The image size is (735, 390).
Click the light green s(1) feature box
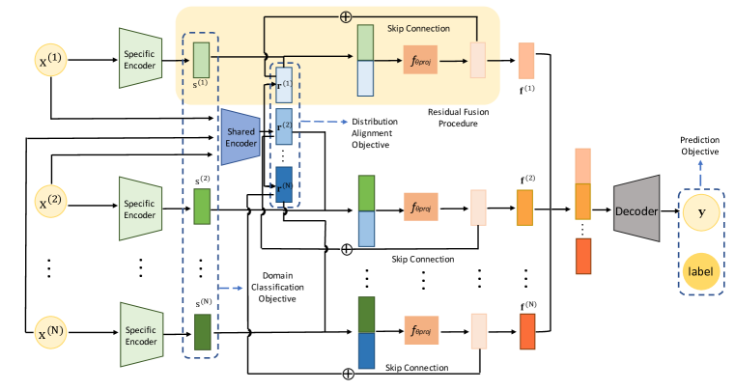201,59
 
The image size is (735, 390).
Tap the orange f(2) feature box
525,206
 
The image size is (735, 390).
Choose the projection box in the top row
423,60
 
